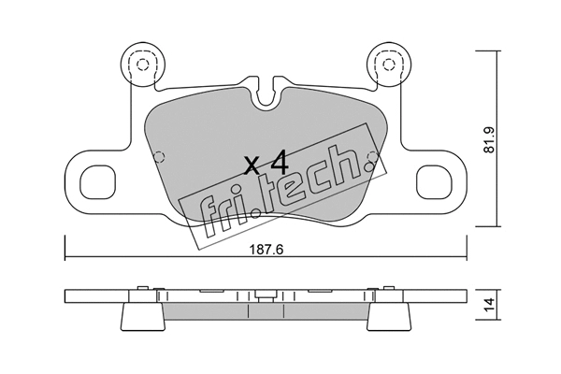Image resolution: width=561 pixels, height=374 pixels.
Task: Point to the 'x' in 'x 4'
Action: pyautogui.click(x=251, y=167)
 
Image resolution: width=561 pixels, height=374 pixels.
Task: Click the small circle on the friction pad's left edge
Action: pyautogui.click(x=160, y=154)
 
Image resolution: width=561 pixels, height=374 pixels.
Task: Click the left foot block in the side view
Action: pyautogui.click(x=142, y=316)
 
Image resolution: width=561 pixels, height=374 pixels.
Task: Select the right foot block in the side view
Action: pyautogui.click(x=389, y=316)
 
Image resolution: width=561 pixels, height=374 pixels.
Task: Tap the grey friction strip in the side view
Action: pyautogui.click(x=266, y=312)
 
